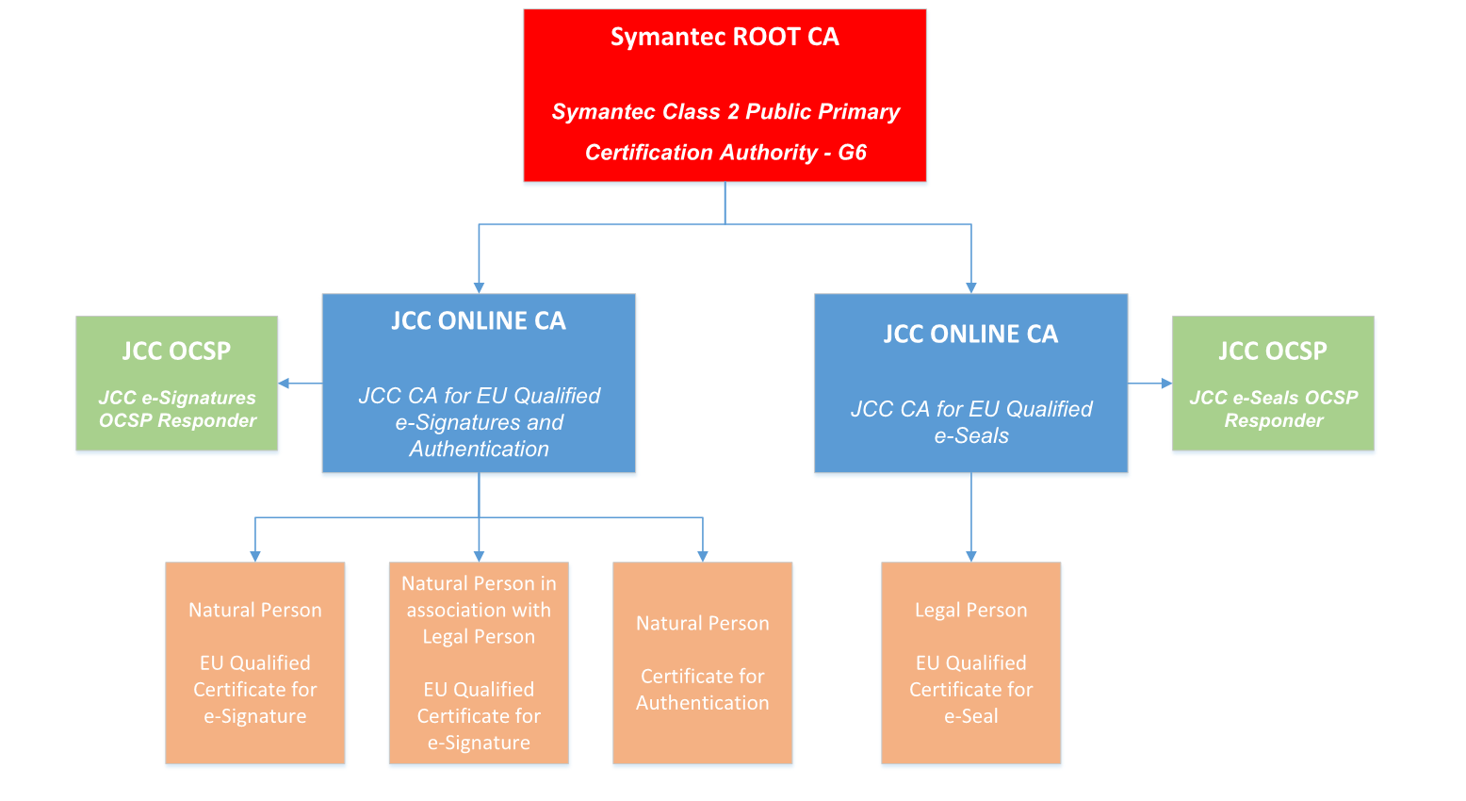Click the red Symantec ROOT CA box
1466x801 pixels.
(x=725, y=94)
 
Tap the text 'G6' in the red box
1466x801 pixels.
(x=852, y=153)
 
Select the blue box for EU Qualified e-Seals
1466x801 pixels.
(x=970, y=383)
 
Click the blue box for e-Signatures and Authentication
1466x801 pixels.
(x=479, y=383)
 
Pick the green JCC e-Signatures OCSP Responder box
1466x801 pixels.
(x=177, y=383)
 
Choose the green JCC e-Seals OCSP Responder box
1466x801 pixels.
(x=1273, y=383)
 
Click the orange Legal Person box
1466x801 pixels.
(x=970, y=662)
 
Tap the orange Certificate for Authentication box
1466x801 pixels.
(x=702, y=662)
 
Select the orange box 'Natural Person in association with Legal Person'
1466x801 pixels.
(x=479, y=662)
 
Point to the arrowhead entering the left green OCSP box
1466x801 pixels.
(x=284, y=384)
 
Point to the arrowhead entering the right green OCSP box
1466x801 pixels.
(x=1166, y=384)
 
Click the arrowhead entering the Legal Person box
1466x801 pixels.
(x=971, y=556)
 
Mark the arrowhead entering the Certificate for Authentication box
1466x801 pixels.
(x=703, y=556)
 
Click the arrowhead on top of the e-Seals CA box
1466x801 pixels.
(x=971, y=287)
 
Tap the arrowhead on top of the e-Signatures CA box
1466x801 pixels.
(x=479, y=287)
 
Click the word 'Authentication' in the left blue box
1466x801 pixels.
(x=479, y=450)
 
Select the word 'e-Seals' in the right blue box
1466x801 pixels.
(x=971, y=436)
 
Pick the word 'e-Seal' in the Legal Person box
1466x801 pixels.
(x=971, y=716)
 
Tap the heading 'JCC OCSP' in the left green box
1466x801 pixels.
(x=176, y=351)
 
